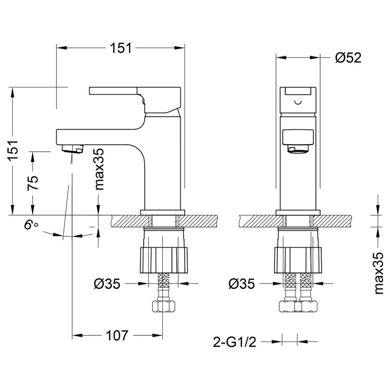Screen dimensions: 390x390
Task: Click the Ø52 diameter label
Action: point(348,58)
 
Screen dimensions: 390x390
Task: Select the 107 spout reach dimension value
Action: point(117,335)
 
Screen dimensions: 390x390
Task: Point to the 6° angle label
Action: point(31,226)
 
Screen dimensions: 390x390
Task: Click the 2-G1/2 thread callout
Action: point(235,342)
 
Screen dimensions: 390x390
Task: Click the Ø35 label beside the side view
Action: point(106,283)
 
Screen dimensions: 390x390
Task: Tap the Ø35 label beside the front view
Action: point(241,283)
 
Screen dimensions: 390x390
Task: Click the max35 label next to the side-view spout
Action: point(99,169)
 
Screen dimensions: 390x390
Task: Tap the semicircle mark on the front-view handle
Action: point(298,103)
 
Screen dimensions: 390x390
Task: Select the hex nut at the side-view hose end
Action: point(163,307)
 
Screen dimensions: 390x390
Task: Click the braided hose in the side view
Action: point(163,285)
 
